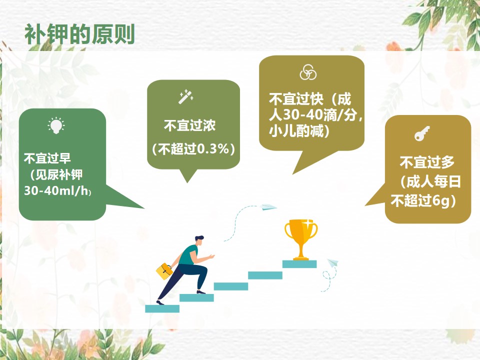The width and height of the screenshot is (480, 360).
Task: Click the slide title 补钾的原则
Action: click(79, 34)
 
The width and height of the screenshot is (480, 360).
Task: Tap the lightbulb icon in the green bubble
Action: click(56, 125)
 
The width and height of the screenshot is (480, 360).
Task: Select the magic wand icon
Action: click(186, 96)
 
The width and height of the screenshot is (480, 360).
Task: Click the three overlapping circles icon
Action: click(307, 72)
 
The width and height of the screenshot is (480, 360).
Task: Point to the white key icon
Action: click(422, 133)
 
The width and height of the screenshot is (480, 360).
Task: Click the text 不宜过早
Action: click(47, 158)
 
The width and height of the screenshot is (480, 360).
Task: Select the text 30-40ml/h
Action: click(56, 190)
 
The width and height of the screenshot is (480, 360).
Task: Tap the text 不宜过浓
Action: click(190, 125)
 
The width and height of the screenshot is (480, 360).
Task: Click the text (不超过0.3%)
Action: click(193, 149)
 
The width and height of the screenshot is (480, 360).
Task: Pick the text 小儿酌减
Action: click(296, 131)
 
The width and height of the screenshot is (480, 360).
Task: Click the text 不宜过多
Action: click(427, 162)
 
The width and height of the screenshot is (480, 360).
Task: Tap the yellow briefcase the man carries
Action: click(164, 271)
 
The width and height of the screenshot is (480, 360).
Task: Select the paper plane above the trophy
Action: click(268, 207)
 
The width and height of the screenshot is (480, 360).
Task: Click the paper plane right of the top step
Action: click(333, 262)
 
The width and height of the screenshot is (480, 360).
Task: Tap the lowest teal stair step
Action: click(162, 308)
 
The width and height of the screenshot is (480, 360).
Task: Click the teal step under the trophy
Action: click(299, 264)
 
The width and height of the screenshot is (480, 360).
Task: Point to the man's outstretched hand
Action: click(210, 256)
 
